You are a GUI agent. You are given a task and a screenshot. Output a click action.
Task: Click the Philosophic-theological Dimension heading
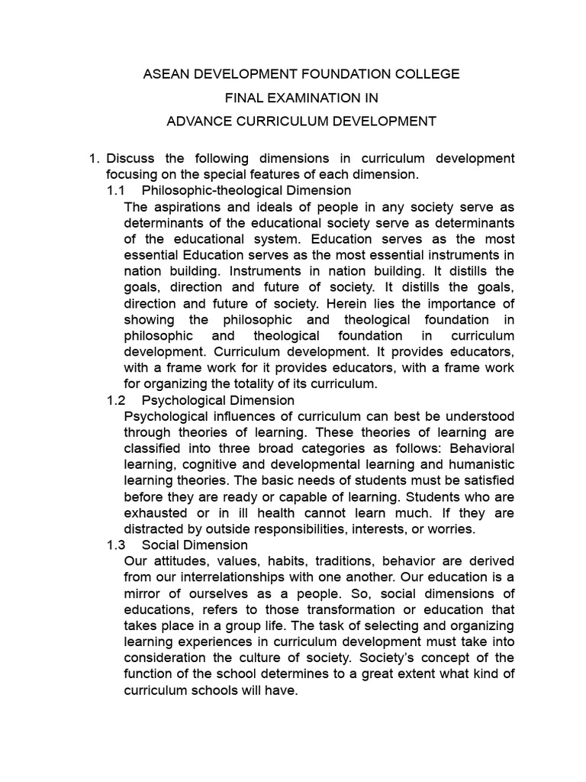point(246,190)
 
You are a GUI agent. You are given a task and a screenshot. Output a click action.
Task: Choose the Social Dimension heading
point(195,545)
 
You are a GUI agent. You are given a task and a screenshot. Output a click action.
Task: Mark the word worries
point(453,529)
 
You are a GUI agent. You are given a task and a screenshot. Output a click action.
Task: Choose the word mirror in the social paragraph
point(143,593)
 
